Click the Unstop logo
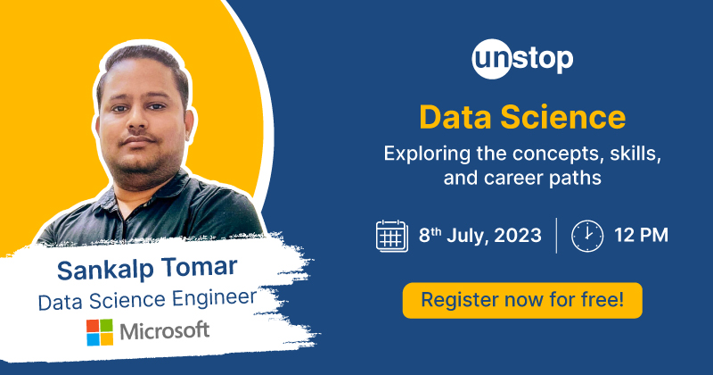coord(522,61)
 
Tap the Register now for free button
coord(522,300)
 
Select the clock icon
coord(586,235)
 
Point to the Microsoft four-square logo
coord(100,332)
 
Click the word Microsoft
coord(165,331)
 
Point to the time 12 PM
coord(641,236)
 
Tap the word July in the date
coord(463,236)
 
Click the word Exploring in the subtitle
coord(424,153)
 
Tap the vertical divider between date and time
coord(557,235)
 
